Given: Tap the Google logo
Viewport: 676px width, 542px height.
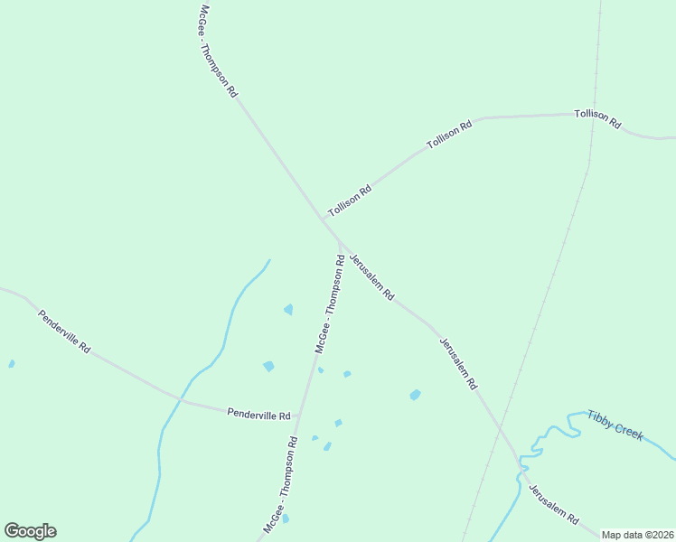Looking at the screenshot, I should point(30,531).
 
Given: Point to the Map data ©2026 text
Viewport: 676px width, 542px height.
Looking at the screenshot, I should point(637,535).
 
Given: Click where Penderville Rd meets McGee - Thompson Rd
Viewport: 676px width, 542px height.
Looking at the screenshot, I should point(299,417).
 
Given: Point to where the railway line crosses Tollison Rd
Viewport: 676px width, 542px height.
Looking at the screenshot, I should point(594,115).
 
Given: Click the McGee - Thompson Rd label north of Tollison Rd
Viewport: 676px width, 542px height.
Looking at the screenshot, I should point(218,51).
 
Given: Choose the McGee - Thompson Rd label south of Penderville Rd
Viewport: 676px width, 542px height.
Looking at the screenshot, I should point(281,483).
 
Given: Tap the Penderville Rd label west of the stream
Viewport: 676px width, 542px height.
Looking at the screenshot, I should point(64,332).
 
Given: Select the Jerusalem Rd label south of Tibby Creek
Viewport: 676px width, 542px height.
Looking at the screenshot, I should point(553,505).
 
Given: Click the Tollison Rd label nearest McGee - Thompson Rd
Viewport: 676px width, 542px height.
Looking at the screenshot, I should point(350,201).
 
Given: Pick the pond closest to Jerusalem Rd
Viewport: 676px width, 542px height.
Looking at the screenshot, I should point(415,395).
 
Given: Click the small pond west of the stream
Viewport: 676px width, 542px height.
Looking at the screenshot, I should point(11,364).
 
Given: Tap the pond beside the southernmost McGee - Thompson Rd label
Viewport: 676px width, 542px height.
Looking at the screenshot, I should point(286,519).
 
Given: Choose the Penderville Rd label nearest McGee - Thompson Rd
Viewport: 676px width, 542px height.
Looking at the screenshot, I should point(258,414).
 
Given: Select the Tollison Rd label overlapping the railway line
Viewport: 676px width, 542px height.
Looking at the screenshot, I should point(597,118).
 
